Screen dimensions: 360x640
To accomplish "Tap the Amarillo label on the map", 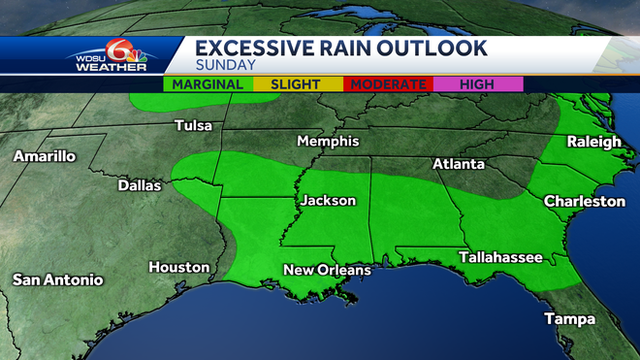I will click(x=44, y=156).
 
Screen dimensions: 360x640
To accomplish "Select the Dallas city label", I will click(x=139, y=184).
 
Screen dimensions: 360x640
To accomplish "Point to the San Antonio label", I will click(x=57, y=280).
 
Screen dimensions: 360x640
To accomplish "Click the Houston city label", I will click(x=178, y=267).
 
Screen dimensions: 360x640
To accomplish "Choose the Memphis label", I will click(x=328, y=142).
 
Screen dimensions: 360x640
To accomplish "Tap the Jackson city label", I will click(x=328, y=201).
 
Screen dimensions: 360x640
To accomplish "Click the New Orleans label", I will click(x=327, y=269).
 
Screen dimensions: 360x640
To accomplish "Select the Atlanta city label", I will click(x=458, y=164).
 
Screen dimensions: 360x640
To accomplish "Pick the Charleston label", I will click(x=584, y=202).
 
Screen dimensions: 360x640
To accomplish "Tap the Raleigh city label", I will click(x=593, y=142).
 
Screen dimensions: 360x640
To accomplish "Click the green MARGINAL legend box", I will click(x=208, y=84).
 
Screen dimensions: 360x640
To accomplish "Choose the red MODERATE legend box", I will click(x=389, y=84).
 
